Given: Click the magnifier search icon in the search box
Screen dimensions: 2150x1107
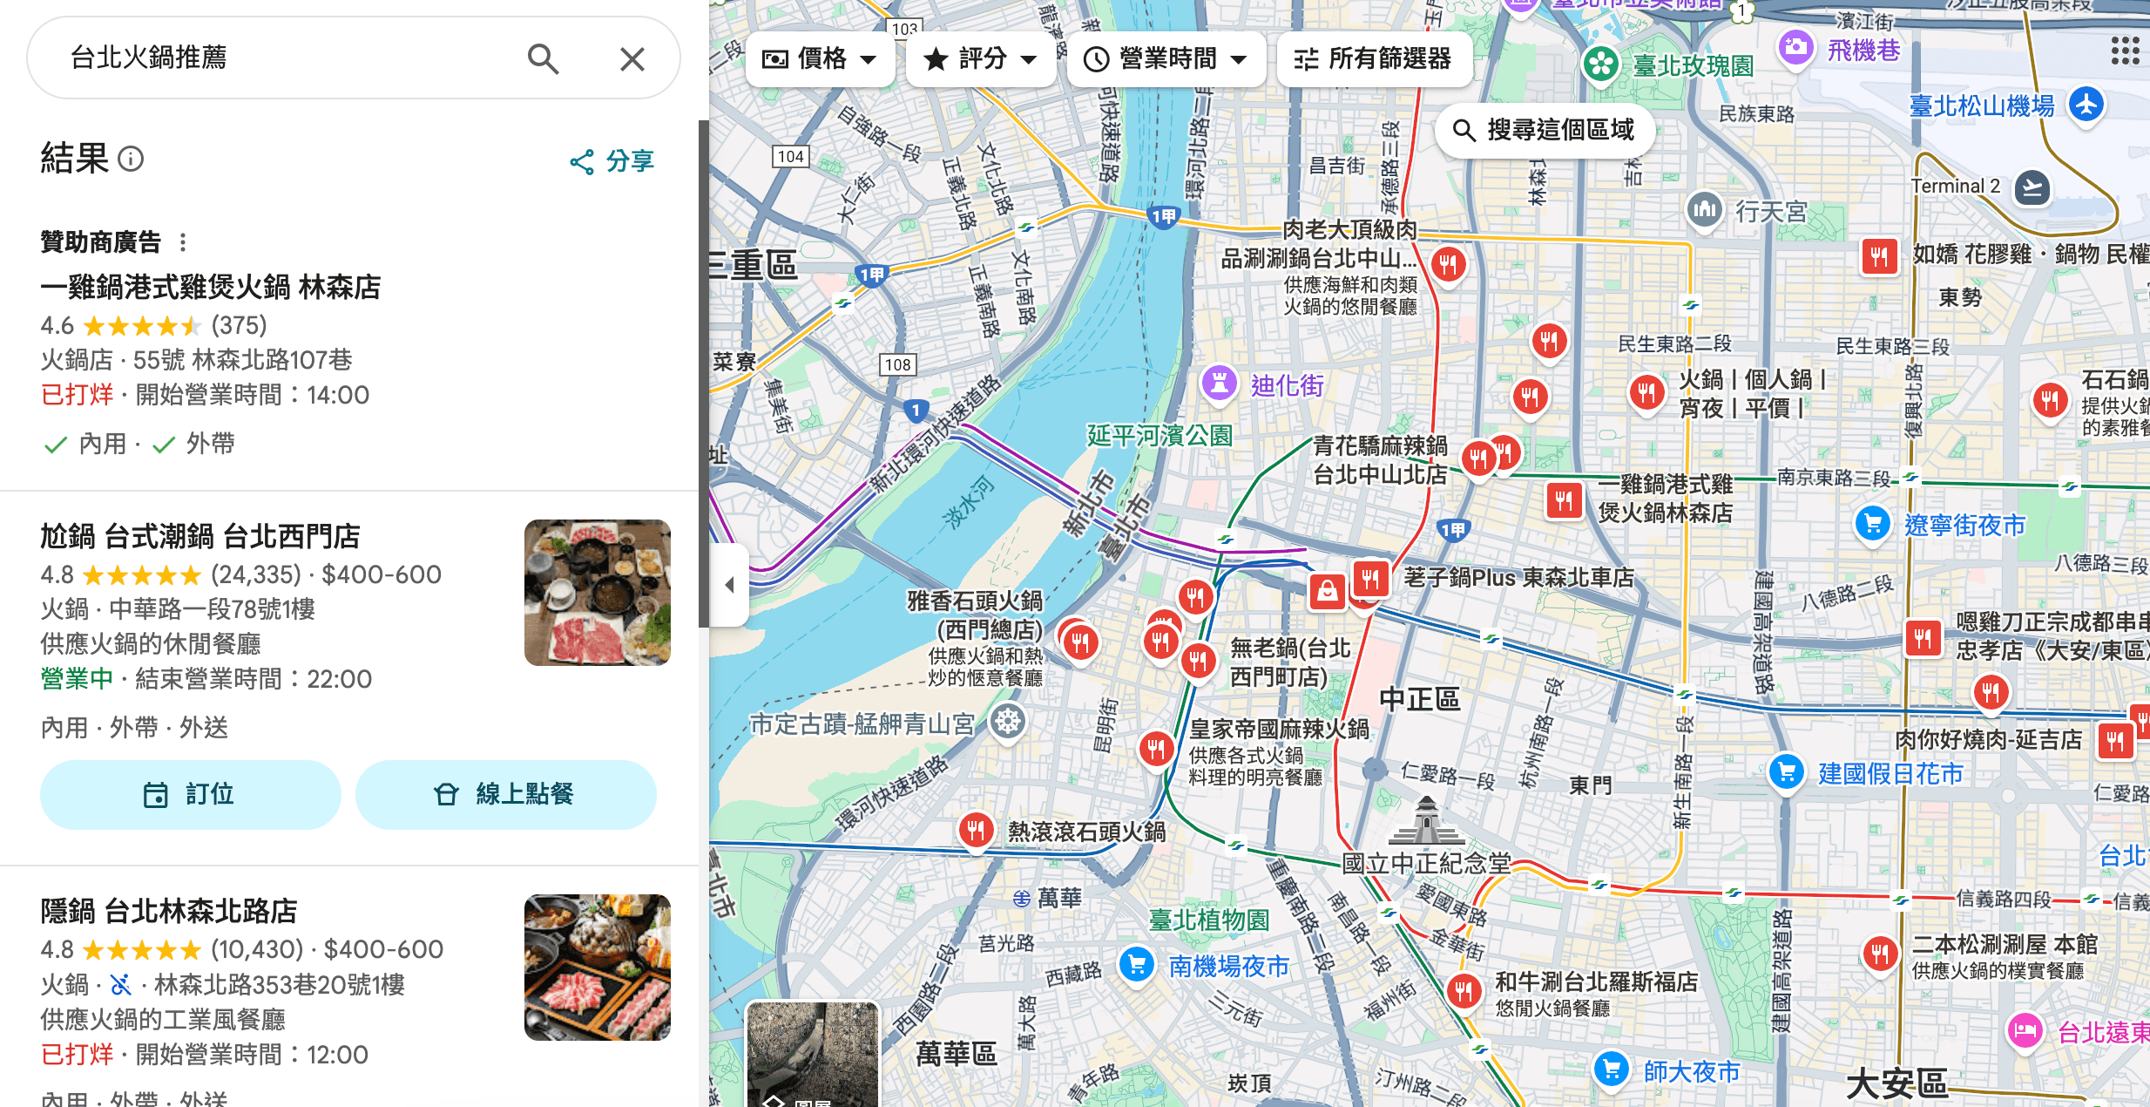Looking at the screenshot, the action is [543, 58].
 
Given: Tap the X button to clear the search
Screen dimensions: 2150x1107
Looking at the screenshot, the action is [632, 58].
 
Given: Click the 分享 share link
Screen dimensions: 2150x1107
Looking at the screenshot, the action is [612, 161].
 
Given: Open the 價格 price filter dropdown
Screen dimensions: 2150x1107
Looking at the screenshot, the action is [819, 59].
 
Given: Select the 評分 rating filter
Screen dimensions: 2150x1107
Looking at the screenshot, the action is [980, 59].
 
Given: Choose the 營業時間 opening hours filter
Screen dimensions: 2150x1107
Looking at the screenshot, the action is [1166, 59].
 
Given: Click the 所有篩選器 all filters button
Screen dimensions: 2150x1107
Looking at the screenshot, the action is [1374, 59].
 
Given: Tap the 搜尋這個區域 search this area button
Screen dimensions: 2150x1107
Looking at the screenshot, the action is [1544, 131].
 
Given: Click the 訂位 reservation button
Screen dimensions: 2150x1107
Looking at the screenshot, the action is [190, 794].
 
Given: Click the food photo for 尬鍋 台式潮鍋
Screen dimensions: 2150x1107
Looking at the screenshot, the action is [598, 593].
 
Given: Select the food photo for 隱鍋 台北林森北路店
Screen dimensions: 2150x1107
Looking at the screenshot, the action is [598, 968].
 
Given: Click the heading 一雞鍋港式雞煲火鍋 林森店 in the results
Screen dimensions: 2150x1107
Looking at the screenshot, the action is [210, 287].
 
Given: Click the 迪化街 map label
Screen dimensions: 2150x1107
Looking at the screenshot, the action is [1287, 385].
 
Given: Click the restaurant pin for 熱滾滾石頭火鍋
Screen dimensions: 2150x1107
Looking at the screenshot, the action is [976, 830].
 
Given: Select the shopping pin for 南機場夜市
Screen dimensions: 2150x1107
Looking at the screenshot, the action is [1137, 965].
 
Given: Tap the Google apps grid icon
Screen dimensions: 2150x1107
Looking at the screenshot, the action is [2125, 51].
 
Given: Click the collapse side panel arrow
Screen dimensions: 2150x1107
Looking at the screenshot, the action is [730, 585].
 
